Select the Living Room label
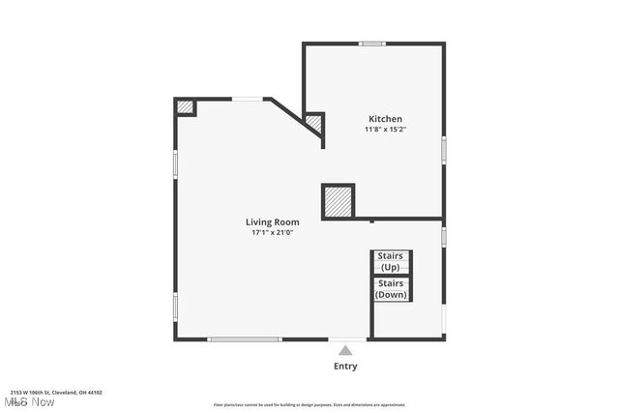[x=272, y=222]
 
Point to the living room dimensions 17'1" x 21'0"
[x=272, y=232]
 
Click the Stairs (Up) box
[x=391, y=262]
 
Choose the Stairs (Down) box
[x=391, y=289]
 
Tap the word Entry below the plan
[x=345, y=367]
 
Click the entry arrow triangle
[x=345, y=349]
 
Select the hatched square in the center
[x=338, y=202]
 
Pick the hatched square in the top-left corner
[x=185, y=107]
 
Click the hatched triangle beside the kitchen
[x=313, y=124]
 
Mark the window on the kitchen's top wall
[x=372, y=44]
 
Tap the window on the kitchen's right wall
[x=444, y=150]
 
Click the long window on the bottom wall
[x=245, y=339]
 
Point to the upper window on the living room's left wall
[x=175, y=162]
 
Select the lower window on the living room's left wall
[x=175, y=306]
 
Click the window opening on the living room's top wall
[x=249, y=99]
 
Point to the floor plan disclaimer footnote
[x=309, y=405]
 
